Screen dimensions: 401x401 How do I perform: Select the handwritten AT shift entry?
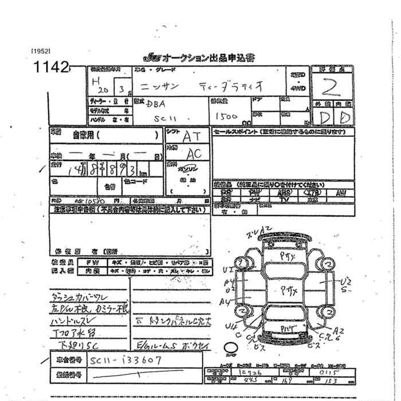(191, 137)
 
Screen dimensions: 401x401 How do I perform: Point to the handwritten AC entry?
(194, 154)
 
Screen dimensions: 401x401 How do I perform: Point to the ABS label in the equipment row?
(283, 194)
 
